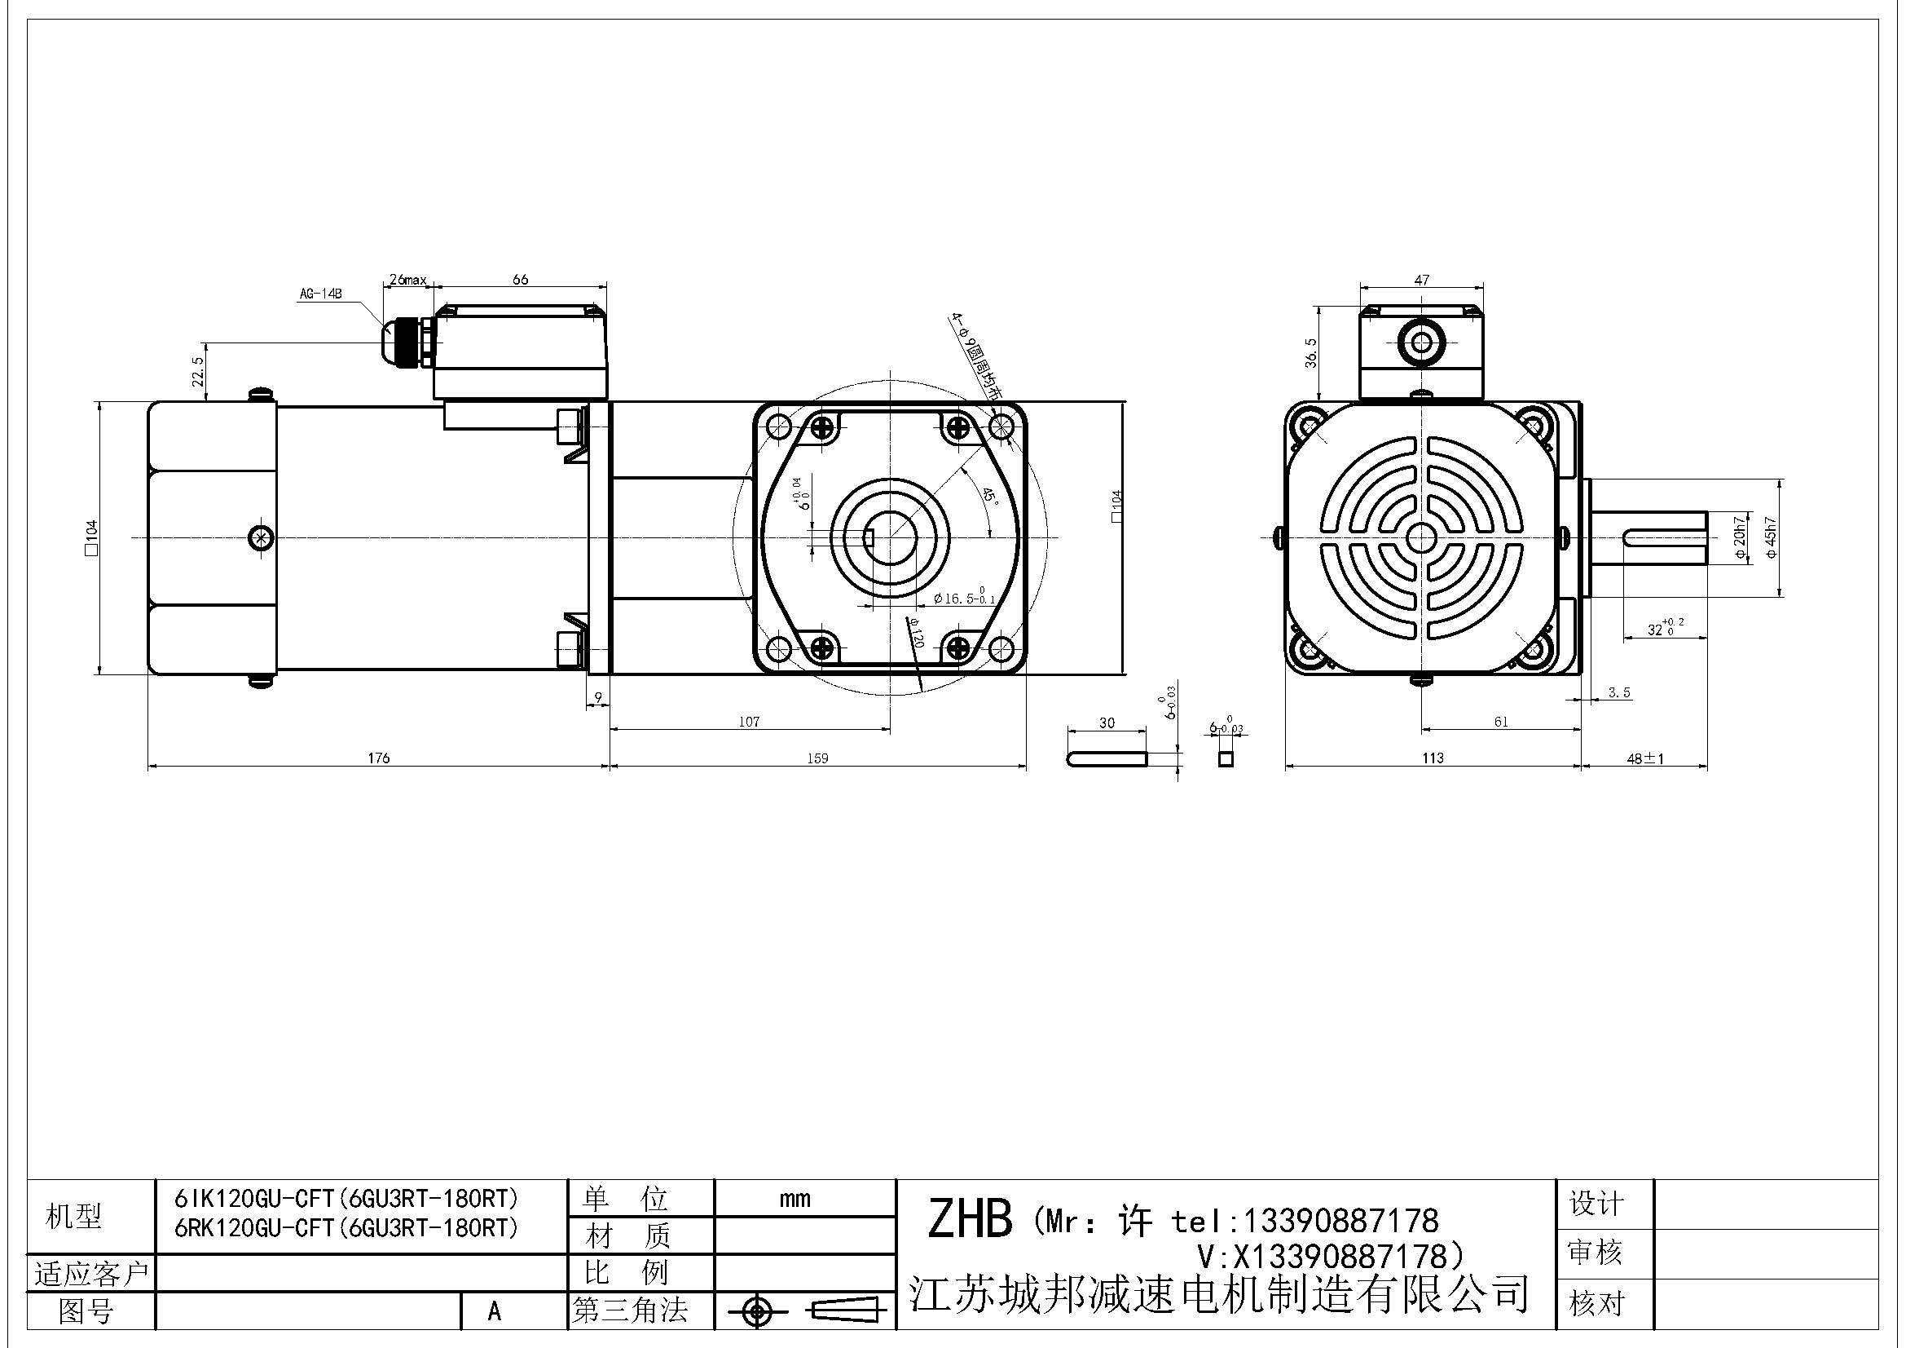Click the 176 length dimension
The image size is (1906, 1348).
(x=379, y=758)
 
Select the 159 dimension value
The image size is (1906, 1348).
(x=817, y=758)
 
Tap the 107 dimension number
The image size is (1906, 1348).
(x=749, y=722)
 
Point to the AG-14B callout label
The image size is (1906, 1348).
(x=321, y=294)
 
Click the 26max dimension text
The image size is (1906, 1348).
(x=407, y=280)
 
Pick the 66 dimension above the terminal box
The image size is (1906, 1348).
(x=521, y=279)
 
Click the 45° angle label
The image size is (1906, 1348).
(x=989, y=497)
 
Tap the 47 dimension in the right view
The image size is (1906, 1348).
(x=1421, y=280)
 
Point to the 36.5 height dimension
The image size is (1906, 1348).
(x=1311, y=352)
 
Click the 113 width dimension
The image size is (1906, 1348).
(x=1432, y=758)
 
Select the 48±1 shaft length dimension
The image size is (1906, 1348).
(x=1644, y=758)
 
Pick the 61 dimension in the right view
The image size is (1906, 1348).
(x=1501, y=722)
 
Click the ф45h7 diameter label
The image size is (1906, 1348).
(x=1771, y=537)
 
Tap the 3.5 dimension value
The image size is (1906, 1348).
(x=1620, y=692)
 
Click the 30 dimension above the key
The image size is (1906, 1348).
(x=1107, y=723)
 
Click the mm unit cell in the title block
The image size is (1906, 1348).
(x=795, y=1199)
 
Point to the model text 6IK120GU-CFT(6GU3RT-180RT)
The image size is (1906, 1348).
(x=346, y=1199)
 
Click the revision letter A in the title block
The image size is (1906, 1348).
(x=495, y=1310)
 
